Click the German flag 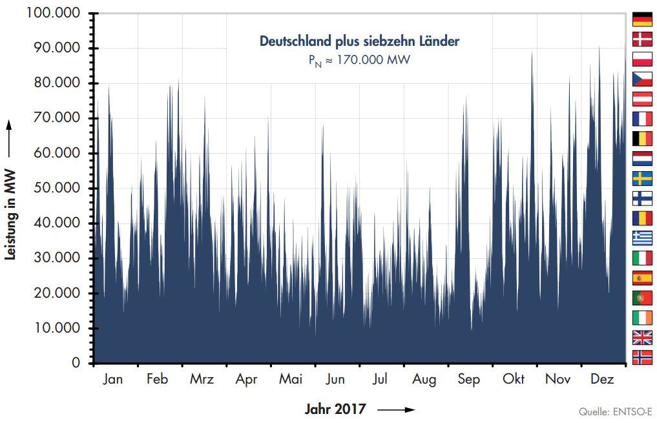642,19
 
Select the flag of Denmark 642,39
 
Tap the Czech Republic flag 642,79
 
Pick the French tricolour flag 642,119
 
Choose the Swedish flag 642,178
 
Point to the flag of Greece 642,238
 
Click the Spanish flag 642,278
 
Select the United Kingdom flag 642,337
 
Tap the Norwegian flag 642,357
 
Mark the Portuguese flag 642,298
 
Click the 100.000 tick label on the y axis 54,14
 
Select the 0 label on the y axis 76,364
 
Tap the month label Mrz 202,380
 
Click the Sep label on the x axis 469,380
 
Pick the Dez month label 602,380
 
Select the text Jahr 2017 335,409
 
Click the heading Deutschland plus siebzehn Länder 359,41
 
